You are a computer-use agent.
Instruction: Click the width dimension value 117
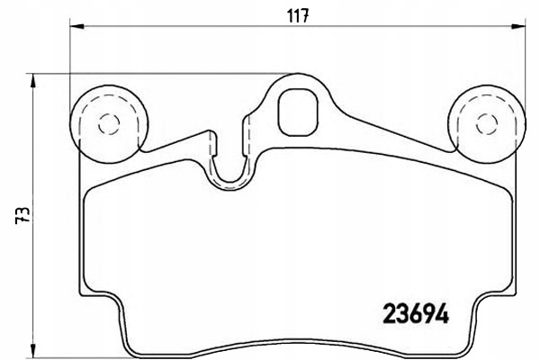[x=298, y=16]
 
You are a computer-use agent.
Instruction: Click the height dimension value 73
[x=22, y=216]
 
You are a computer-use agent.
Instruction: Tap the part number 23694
[x=417, y=313]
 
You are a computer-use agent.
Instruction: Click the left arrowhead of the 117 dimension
[x=76, y=26]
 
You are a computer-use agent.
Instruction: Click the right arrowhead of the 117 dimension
[x=518, y=26]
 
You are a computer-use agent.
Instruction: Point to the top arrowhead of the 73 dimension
[x=32, y=81]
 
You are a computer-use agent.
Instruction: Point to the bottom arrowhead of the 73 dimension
[x=32, y=352]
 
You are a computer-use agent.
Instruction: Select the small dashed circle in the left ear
[x=109, y=124]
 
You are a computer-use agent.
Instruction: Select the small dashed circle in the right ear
[x=487, y=124]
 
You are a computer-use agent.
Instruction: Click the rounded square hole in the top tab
[x=298, y=112]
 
